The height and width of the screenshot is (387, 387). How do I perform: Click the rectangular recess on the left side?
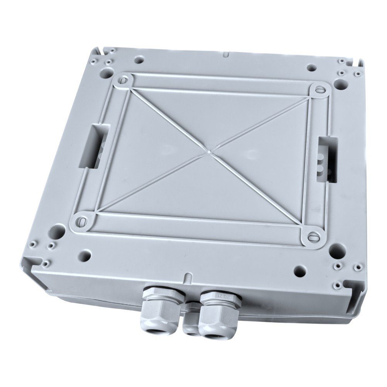pos(93,147)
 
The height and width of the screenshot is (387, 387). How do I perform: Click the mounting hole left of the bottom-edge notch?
pos(87,255)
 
